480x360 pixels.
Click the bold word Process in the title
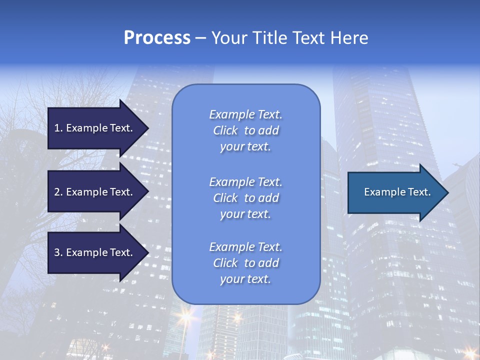point(157,38)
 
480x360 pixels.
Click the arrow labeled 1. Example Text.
point(95,128)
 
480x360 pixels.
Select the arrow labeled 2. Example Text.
point(95,192)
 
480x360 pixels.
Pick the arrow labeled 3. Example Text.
point(95,252)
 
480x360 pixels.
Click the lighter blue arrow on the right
point(395,192)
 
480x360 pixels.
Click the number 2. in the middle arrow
point(58,192)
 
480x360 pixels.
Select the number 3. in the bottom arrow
point(58,252)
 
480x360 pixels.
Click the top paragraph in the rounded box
point(245,130)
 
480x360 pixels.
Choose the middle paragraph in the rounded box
point(245,198)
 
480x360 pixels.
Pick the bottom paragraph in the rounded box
point(245,263)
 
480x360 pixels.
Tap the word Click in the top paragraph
point(225,130)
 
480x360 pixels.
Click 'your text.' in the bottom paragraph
point(245,279)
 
